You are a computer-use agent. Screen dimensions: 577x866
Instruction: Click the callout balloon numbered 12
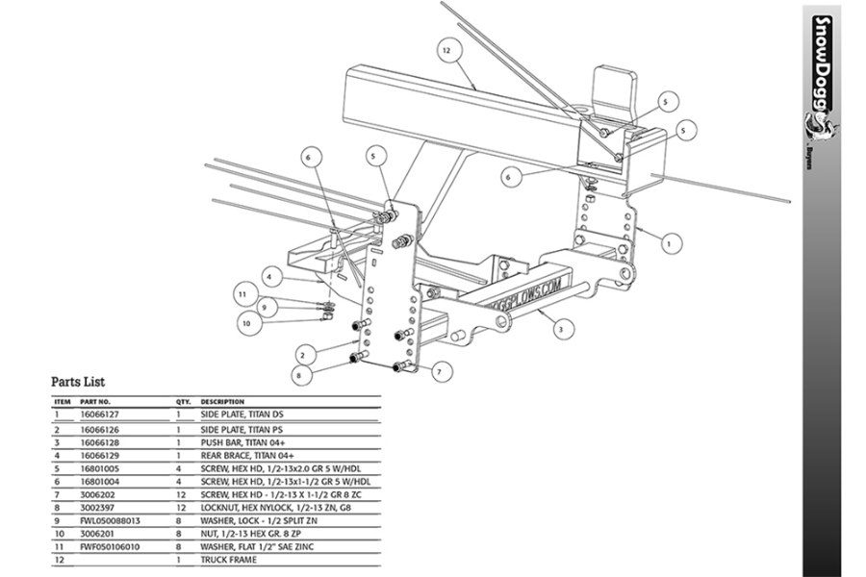(x=446, y=48)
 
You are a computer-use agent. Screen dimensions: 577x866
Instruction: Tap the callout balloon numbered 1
(x=667, y=244)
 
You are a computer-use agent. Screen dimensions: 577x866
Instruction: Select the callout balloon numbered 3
(x=558, y=330)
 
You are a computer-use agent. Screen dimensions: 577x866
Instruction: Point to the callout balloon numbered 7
(x=437, y=370)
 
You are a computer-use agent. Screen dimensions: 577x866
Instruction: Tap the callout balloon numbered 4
(x=272, y=277)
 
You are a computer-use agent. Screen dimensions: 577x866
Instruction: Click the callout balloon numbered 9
(x=263, y=307)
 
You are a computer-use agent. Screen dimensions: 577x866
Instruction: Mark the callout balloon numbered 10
(x=245, y=324)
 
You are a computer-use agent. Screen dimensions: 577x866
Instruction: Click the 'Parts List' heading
(x=78, y=382)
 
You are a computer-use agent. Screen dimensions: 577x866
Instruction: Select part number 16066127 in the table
(x=100, y=414)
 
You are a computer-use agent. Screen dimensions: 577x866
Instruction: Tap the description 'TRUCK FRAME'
(x=228, y=560)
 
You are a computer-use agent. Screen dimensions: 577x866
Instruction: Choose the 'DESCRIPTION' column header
(x=222, y=401)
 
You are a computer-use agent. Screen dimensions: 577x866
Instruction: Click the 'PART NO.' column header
(x=95, y=401)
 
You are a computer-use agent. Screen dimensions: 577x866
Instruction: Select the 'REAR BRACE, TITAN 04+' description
(x=242, y=455)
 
